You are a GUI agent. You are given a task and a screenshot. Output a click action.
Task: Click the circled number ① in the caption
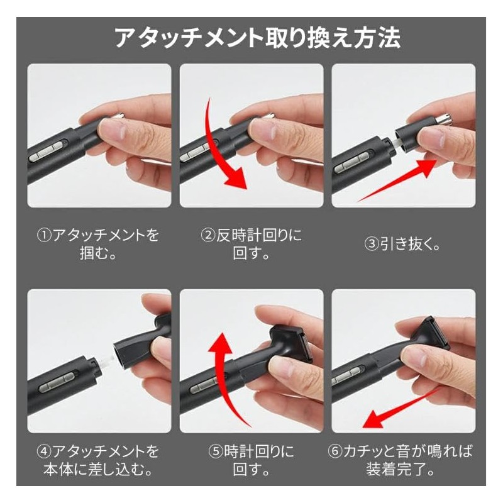[x=43, y=236]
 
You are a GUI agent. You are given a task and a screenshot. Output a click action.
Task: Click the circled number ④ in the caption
[x=43, y=451]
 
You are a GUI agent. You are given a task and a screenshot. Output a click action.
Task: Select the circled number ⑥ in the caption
[x=335, y=451]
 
